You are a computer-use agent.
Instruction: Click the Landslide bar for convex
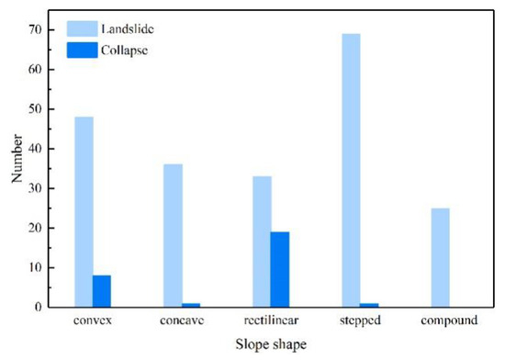[84, 212]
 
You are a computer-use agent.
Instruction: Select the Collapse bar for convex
[102, 291]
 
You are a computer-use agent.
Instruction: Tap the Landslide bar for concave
[173, 236]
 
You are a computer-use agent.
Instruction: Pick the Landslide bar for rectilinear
[262, 242]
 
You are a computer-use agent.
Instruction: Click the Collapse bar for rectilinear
[280, 269]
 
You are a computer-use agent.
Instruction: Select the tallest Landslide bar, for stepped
[351, 171]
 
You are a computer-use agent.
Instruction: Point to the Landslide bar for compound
[440, 258]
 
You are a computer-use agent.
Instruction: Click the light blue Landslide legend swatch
[82, 29]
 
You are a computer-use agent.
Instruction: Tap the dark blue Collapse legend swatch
[82, 51]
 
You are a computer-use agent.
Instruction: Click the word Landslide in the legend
[128, 29]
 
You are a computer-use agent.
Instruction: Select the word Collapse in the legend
[124, 51]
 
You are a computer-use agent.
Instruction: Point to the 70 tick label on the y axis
[35, 30]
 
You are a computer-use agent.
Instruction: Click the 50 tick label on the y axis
[35, 109]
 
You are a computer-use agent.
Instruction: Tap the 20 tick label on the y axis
[35, 228]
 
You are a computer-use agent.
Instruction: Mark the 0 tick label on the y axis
[39, 307]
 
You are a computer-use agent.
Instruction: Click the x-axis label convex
[93, 321]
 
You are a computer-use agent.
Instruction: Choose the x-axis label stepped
[360, 321]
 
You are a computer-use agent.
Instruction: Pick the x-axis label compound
[449, 321]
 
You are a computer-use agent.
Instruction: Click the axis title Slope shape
[271, 344]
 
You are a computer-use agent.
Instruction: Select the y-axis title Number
[17, 159]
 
